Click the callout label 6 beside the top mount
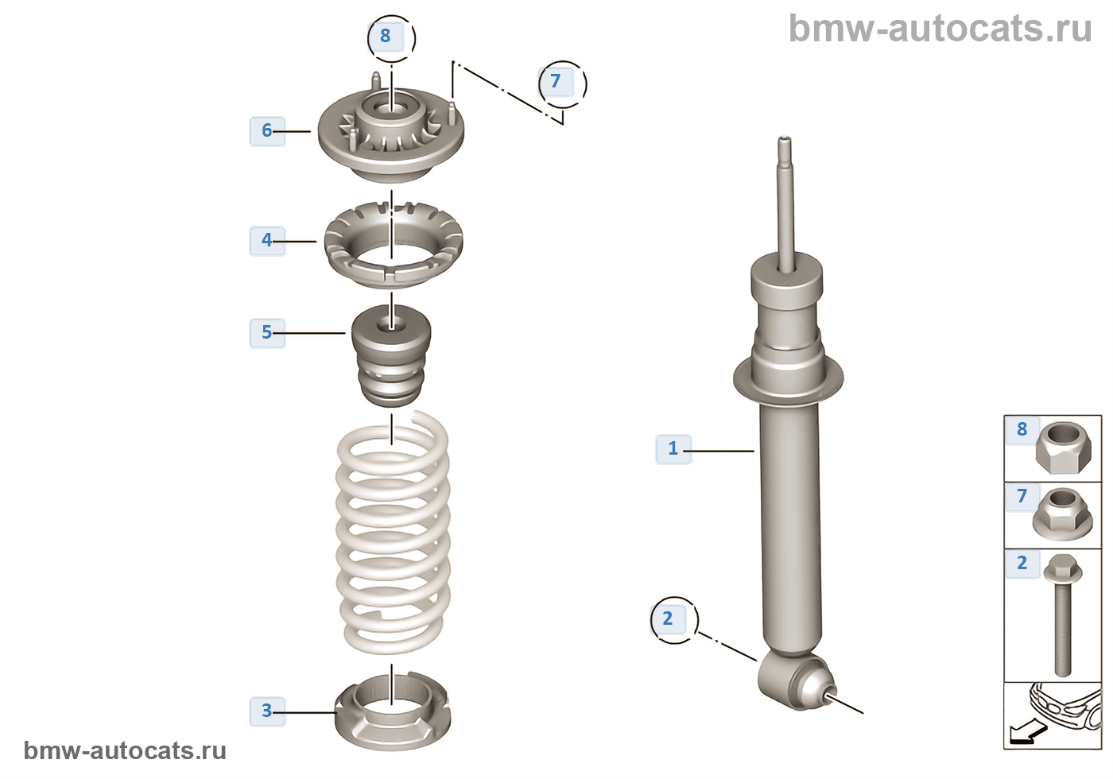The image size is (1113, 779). (267, 130)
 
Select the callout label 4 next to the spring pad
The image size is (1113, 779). (267, 240)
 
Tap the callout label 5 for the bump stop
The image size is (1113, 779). (267, 332)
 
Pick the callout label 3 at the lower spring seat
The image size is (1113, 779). (267, 710)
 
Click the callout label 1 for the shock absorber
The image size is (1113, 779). (673, 448)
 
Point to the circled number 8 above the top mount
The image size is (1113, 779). (386, 37)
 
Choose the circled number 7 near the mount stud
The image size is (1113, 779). (556, 81)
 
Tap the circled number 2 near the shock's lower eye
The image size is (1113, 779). (668, 618)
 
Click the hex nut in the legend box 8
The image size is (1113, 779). (1057, 448)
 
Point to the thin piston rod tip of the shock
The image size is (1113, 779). (785, 151)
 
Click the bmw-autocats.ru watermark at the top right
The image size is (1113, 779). (940, 29)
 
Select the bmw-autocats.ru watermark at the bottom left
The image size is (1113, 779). (125, 750)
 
